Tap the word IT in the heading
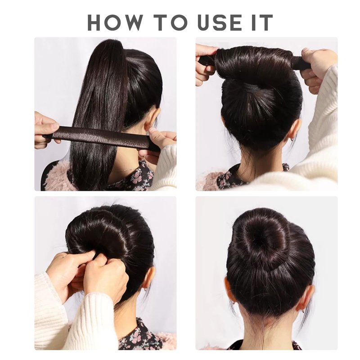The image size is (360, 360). [262, 22]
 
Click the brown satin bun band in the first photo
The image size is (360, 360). [101, 138]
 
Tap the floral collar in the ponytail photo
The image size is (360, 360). [138, 177]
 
